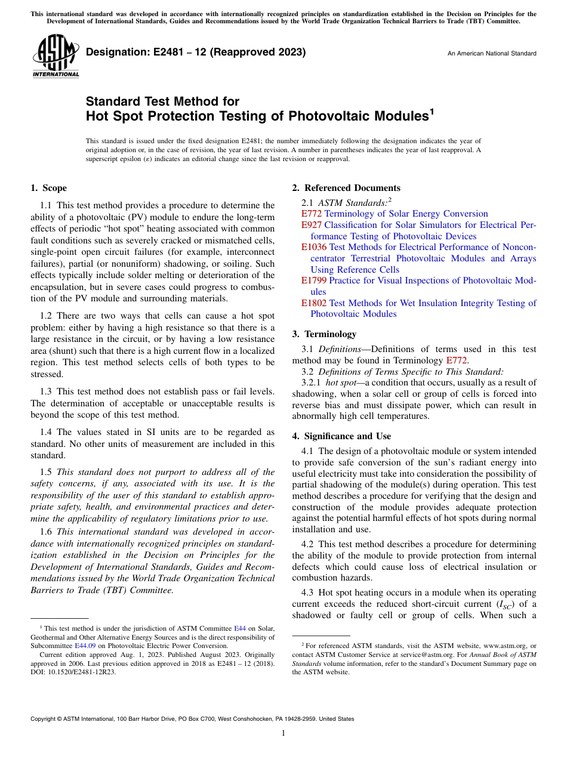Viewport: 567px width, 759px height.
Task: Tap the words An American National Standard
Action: (x=492, y=54)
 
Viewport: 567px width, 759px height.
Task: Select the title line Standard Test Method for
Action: (x=162, y=101)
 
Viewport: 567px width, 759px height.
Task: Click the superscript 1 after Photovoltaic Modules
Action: (x=432, y=110)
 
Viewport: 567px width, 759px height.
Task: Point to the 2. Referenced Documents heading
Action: (x=346, y=188)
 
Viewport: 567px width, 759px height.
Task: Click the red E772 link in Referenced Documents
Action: (x=311, y=214)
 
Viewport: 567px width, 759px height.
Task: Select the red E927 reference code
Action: (x=311, y=225)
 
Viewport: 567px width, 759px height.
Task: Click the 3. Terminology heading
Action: (x=324, y=334)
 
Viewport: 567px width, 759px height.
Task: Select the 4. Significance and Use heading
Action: (x=341, y=436)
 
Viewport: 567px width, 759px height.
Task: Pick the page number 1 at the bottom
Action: (x=283, y=733)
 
